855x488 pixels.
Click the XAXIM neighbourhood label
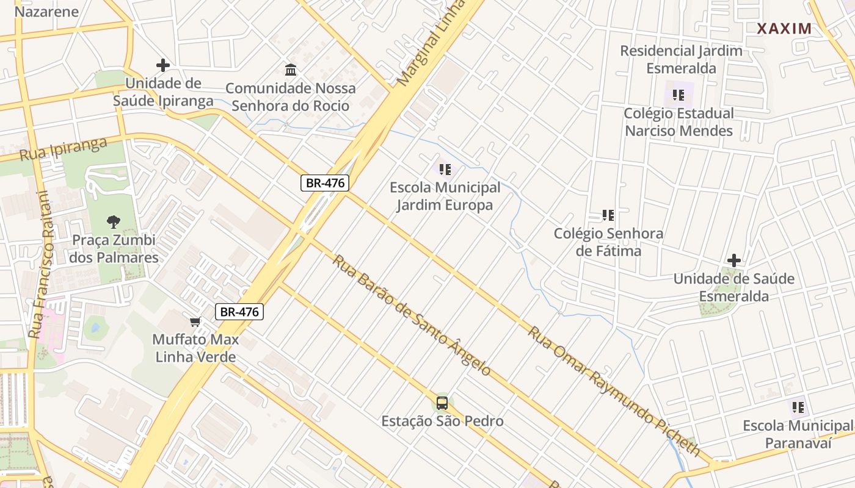(785, 29)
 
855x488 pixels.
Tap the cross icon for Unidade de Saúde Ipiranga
(162, 65)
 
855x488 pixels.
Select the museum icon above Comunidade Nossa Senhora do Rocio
(291, 70)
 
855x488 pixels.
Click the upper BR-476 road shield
(324, 183)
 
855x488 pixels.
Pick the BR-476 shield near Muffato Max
(239, 312)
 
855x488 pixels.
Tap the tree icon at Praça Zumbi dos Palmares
(113, 222)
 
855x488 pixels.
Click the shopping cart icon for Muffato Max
(195, 321)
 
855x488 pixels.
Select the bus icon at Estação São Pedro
(442, 403)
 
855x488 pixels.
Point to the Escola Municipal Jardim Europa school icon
(445, 169)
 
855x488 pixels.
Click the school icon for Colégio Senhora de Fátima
(608, 215)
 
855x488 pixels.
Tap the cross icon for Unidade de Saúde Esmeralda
(733, 260)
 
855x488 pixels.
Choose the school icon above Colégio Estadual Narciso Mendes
(678, 95)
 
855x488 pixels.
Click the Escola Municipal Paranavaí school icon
(798, 407)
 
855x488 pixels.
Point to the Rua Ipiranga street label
(64, 149)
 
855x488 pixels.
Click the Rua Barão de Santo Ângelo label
(412, 315)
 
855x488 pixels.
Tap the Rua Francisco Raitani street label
(42, 265)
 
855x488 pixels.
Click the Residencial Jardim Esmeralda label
(681, 59)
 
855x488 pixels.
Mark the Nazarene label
(46, 12)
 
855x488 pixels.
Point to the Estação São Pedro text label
(442, 421)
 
